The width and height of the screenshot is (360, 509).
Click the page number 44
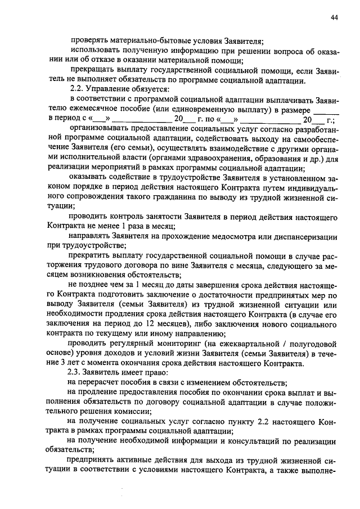pos(334,18)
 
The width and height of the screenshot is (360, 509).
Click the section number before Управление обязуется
pos(76,89)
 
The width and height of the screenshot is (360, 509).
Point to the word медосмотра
pos(241,237)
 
